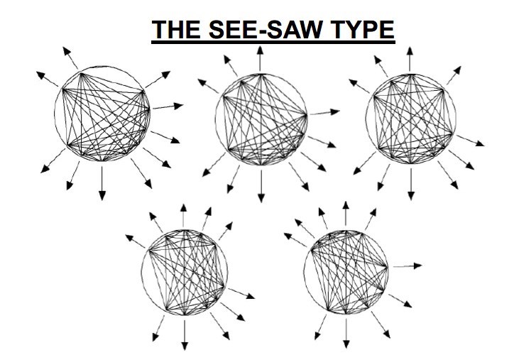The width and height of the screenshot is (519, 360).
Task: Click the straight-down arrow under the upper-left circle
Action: click(103, 182)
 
